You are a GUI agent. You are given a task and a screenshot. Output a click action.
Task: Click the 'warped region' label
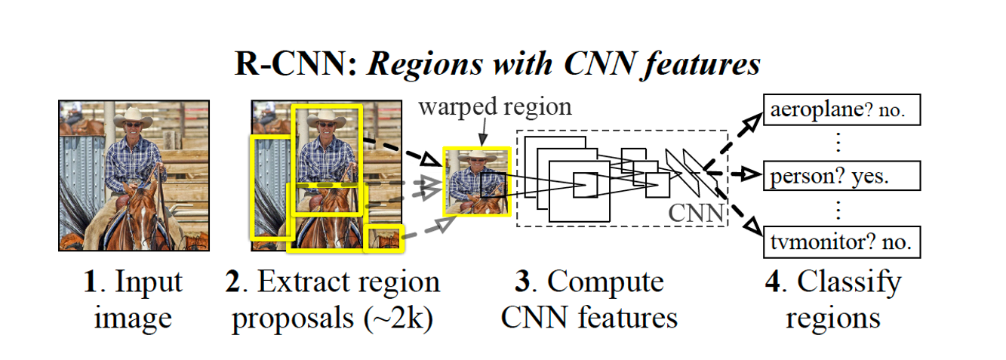pos(495,106)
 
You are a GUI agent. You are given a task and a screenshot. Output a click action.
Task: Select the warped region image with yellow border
pos(478,181)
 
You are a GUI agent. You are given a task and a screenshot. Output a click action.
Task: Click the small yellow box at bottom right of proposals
pos(385,238)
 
